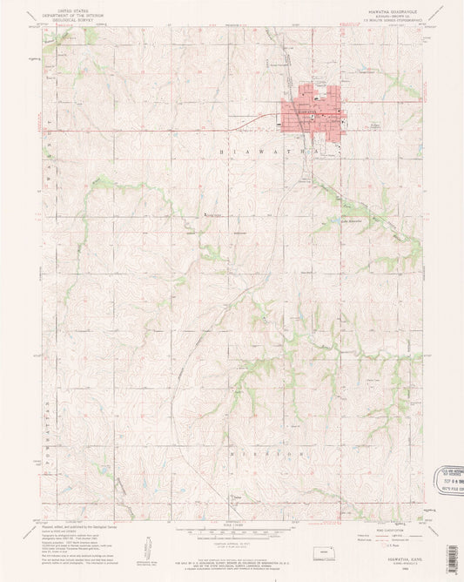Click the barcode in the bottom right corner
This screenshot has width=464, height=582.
[451, 558]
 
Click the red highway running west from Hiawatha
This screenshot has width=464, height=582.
[157, 131]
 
